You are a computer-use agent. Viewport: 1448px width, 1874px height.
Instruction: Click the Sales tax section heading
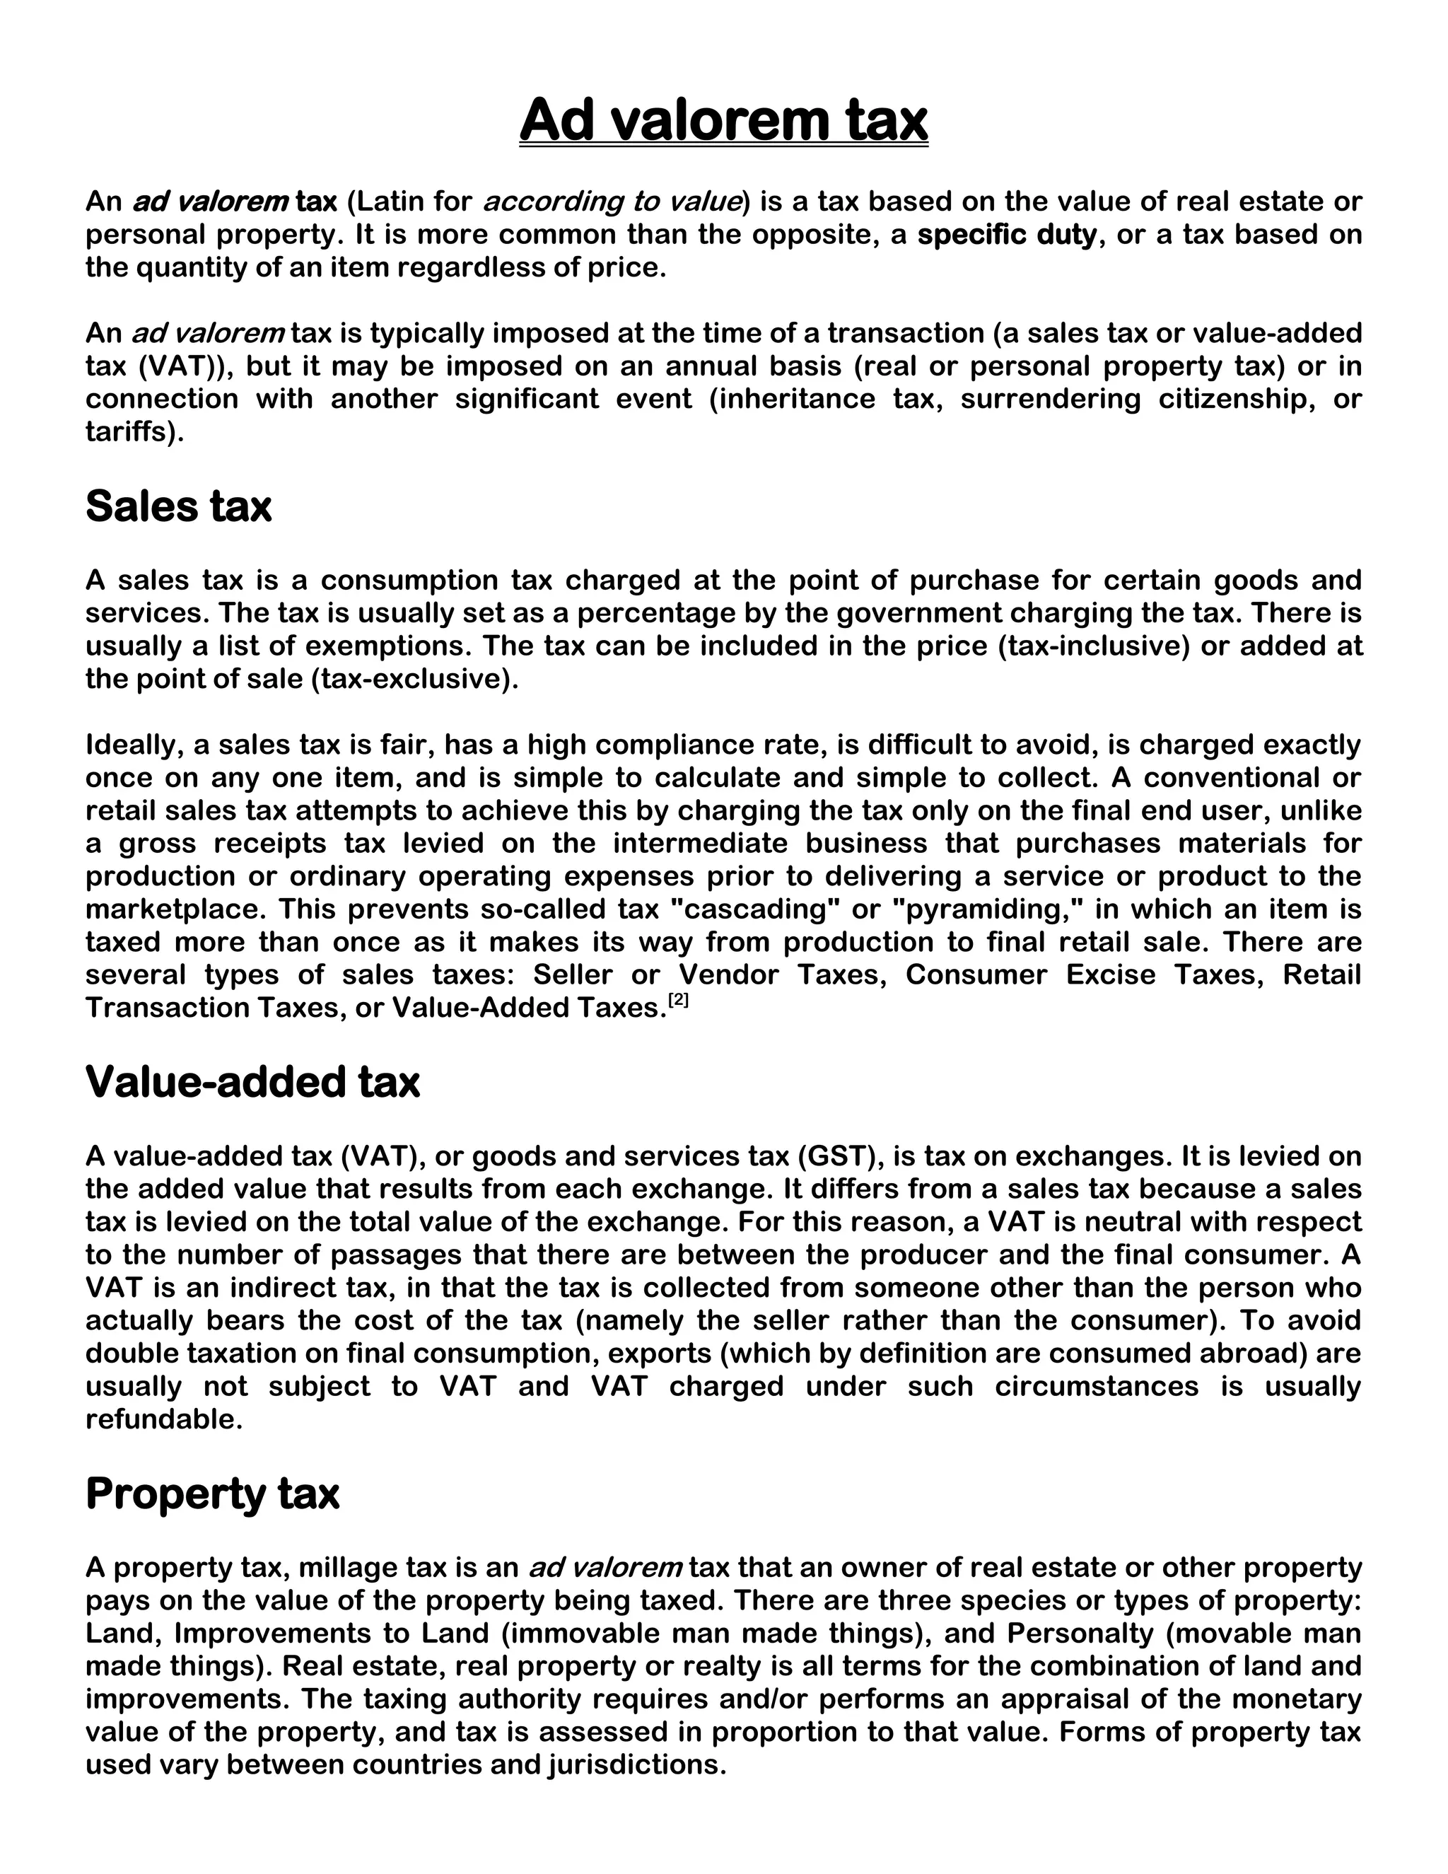178,506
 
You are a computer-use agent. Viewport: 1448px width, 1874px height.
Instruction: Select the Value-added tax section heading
252,1081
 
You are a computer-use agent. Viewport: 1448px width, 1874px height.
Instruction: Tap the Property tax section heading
212,1493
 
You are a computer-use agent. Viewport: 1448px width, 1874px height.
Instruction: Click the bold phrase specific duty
1007,234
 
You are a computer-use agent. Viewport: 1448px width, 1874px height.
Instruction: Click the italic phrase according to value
612,202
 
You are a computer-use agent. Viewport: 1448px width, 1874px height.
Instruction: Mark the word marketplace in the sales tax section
176,909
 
